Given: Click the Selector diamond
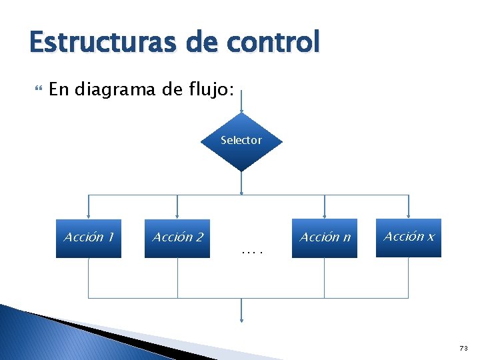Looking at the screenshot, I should point(241,141).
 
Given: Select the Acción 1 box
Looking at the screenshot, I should point(89,238).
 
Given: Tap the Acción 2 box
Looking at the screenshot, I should point(177,238).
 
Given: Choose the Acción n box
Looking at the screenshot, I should point(325,238).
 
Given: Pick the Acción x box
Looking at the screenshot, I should point(408,238).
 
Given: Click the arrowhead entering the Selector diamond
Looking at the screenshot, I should point(241,109).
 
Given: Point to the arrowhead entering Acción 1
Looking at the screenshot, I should point(89,215).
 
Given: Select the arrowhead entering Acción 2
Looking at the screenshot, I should point(177,215).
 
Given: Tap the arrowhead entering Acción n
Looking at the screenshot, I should point(325,215).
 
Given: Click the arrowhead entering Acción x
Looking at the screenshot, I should point(408,215).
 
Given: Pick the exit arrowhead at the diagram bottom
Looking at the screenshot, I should point(241,318).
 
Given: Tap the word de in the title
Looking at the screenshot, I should point(198,42).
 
